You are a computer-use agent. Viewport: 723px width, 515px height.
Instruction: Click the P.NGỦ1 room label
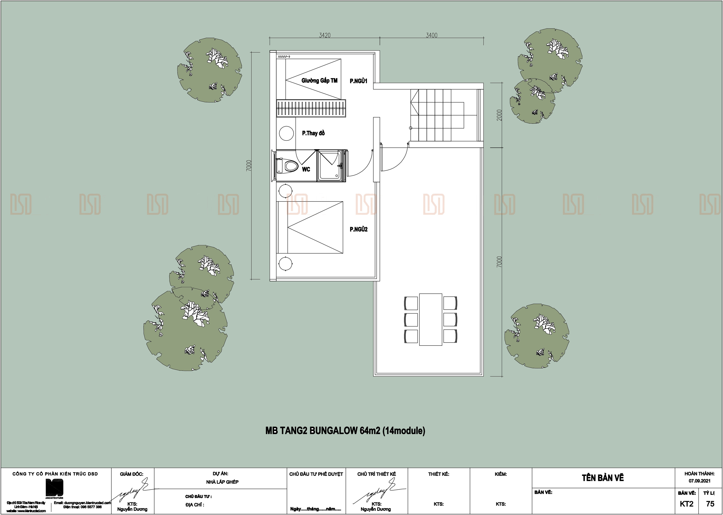(x=358, y=81)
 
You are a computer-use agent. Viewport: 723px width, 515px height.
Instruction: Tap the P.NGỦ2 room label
(x=358, y=229)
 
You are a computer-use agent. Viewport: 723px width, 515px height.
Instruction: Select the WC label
(x=306, y=169)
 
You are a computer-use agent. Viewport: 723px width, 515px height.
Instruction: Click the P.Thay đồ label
(x=313, y=133)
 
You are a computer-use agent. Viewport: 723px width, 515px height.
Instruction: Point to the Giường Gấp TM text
(x=319, y=80)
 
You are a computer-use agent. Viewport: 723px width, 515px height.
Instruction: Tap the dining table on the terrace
(x=431, y=319)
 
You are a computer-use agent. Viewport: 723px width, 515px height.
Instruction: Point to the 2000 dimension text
(x=499, y=115)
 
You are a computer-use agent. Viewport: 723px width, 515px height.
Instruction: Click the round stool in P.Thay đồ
(x=286, y=133)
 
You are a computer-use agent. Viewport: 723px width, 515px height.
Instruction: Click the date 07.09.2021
(x=699, y=481)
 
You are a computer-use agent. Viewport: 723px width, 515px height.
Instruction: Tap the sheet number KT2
(x=687, y=504)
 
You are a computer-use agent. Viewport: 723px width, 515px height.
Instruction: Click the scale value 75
(x=710, y=504)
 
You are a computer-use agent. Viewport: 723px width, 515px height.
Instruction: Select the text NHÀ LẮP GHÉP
(x=222, y=482)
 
